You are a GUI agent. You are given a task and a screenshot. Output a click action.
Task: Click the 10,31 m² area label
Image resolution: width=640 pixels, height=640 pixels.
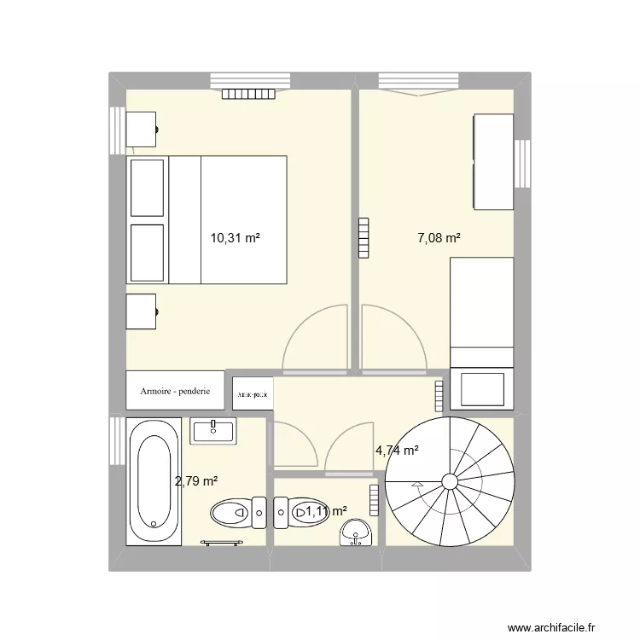tap(235, 240)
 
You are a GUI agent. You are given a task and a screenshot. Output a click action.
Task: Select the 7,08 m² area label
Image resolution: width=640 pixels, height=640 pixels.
tap(439, 240)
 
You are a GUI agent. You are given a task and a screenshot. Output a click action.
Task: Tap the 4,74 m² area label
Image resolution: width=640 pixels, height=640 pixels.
tap(397, 451)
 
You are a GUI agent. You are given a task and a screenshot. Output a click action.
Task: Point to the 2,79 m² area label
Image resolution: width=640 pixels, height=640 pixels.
tap(196, 482)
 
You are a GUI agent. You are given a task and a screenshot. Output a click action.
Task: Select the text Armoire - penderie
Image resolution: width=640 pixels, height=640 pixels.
tap(176, 393)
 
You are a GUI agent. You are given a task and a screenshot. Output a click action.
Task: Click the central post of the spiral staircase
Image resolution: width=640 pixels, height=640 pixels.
tap(450, 482)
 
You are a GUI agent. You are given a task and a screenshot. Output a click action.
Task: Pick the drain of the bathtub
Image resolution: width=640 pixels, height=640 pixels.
tap(153, 525)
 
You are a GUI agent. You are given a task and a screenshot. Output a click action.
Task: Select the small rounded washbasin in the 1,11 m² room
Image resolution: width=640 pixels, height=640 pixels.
tap(354, 534)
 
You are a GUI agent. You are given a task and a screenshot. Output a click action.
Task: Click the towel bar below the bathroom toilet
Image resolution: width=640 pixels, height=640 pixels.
tap(222, 541)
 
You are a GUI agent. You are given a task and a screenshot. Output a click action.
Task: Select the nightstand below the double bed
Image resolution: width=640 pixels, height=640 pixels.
tap(142, 311)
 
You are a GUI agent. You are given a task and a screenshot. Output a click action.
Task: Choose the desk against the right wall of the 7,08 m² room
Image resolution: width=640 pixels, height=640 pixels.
tap(492, 160)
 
